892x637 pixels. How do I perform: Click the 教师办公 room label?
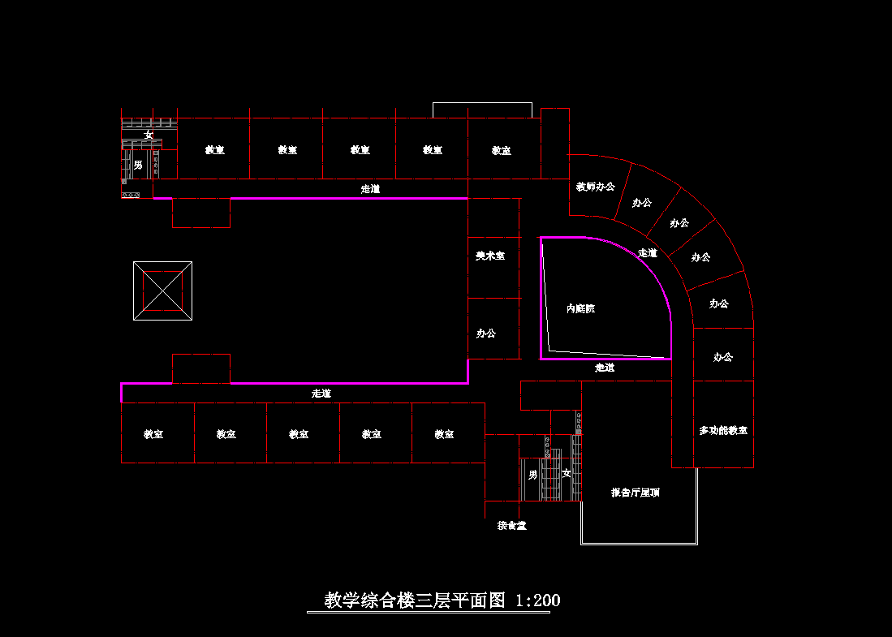pyautogui.click(x=596, y=187)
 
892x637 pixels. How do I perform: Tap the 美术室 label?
pyautogui.click(x=490, y=256)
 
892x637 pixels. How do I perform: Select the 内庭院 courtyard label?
pyautogui.click(x=580, y=309)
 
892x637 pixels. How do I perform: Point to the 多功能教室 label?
pyautogui.click(x=723, y=431)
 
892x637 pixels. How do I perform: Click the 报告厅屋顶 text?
pyautogui.click(x=636, y=493)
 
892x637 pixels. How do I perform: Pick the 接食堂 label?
pyautogui.click(x=512, y=526)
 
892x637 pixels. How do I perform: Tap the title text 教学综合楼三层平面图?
pyautogui.click(x=415, y=600)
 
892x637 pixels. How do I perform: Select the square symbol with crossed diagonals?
pyautogui.click(x=163, y=291)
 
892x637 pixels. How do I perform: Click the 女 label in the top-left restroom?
pyautogui.click(x=149, y=135)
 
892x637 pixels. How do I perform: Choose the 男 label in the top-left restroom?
pyautogui.click(x=138, y=166)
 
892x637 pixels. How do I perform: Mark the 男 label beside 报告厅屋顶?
pyautogui.click(x=532, y=474)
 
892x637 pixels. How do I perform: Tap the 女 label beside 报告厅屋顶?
pyautogui.click(x=567, y=474)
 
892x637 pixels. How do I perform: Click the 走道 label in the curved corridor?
pyautogui.click(x=648, y=253)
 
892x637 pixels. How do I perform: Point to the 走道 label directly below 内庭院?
pyautogui.click(x=605, y=368)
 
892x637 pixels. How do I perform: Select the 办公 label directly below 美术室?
pyautogui.click(x=486, y=334)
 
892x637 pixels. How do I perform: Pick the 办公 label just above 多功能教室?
pyautogui.click(x=723, y=357)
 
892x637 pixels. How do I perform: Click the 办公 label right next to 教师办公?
pyautogui.click(x=642, y=203)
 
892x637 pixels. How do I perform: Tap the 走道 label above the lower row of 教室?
pyautogui.click(x=321, y=394)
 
